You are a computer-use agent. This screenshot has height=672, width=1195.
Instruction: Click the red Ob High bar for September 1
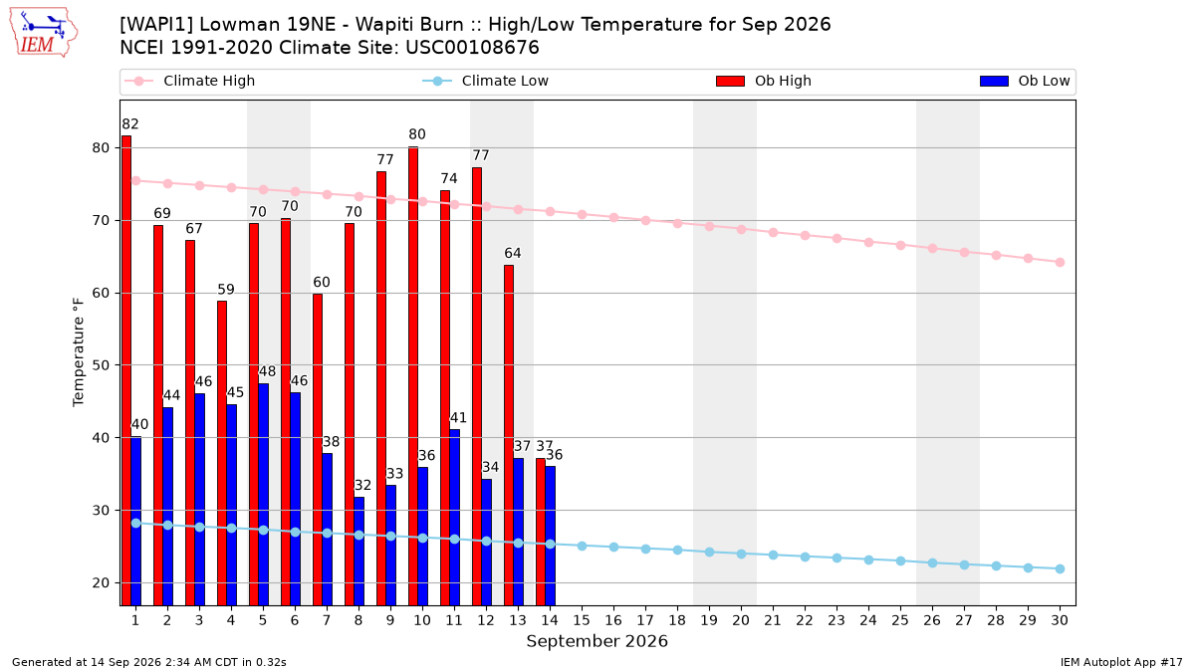[126, 370]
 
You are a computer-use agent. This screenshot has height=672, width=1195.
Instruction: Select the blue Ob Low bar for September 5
[264, 495]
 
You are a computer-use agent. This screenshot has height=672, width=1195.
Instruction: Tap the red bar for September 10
[413, 376]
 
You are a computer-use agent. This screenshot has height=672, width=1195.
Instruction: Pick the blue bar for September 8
[359, 551]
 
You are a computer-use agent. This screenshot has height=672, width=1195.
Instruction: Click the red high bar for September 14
[541, 532]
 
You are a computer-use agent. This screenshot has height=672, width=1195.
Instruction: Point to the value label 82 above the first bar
[130, 124]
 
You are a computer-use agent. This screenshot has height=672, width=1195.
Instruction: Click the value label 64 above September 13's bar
[513, 253]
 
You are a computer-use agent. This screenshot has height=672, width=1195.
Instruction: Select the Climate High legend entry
[190, 81]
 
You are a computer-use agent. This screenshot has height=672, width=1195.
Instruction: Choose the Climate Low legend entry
[486, 81]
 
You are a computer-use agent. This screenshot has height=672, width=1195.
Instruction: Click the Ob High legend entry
[764, 81]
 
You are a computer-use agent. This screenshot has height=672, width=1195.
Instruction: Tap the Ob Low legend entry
[1025, 81]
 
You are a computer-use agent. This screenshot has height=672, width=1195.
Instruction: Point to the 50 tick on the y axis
[101, 366]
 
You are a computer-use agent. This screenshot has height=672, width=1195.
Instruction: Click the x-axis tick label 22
[805, 621]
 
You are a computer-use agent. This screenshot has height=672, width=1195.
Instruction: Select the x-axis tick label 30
[1060, 621]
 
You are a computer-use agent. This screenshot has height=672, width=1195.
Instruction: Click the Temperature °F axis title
[79, 352]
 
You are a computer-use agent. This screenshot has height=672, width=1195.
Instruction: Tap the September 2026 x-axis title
[597, 641]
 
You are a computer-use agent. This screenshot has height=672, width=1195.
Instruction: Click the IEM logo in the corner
[44, 33]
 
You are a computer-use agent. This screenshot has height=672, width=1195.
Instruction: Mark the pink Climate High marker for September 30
[1060, 263]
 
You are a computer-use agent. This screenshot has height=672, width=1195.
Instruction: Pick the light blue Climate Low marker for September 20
[741, 555]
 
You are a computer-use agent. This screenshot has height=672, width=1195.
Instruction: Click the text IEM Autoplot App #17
[1121, 662]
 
